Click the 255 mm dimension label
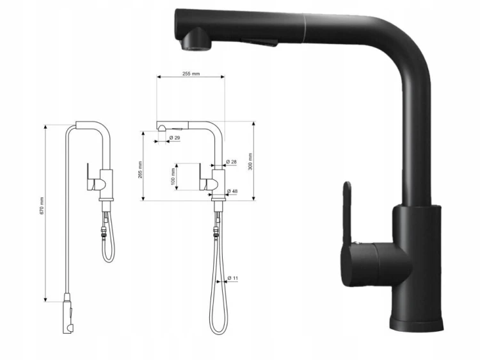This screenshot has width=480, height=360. [191, 74]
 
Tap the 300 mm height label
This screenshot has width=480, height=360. [250, 161]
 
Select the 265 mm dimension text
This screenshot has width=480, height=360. [140, 170]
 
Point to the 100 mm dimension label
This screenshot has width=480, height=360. [173, 176]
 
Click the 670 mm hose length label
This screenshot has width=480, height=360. [42, 206]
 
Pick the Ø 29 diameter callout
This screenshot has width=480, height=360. [174, 138]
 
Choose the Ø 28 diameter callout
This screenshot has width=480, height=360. [232, 162]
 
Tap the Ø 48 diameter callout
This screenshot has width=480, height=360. [232, 191]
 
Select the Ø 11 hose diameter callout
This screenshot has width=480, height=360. [233, 278]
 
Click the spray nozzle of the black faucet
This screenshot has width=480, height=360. [196, 39]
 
